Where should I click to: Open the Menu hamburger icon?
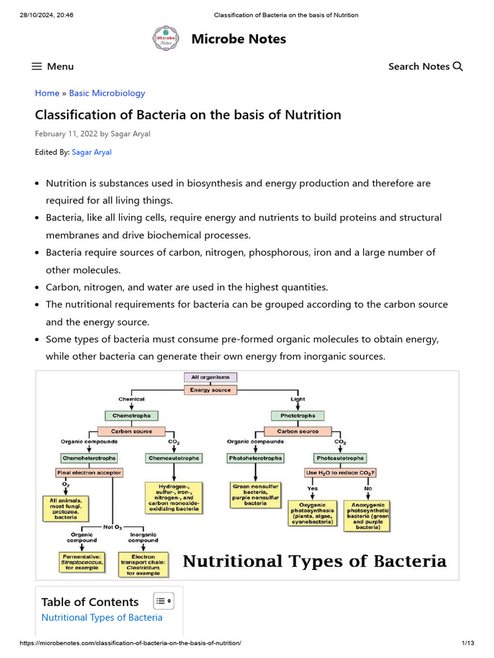click(x=37, y=66)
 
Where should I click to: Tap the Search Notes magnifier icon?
click(x=458, y=66)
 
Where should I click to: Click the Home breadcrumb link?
click(x=47, y=93)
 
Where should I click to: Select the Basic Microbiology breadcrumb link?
click(x=107, y=93)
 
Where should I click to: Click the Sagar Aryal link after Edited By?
click(x=91, y=152)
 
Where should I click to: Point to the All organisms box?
click(x=210, y=377)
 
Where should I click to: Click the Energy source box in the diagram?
click(x=210, y=389)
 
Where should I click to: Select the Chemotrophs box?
click(x=131, y=416)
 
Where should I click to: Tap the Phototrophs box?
click(x=298, y=416)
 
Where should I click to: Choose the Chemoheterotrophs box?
click(x=89, y=458)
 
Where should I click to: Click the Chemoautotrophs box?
click(x=174, y=458)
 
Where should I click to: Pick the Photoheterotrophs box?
click(x=255, y=458)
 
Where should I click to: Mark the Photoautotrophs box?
click(x=340, y=458)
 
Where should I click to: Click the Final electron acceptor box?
click(x=89, y=472)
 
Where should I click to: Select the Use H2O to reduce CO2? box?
click(x=340, y=472)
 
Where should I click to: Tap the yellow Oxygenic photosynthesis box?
click(x=313, y=513)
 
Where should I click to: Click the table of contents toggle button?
click(x=163, y=601)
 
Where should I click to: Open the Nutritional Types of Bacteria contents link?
click(x=102, y=618)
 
